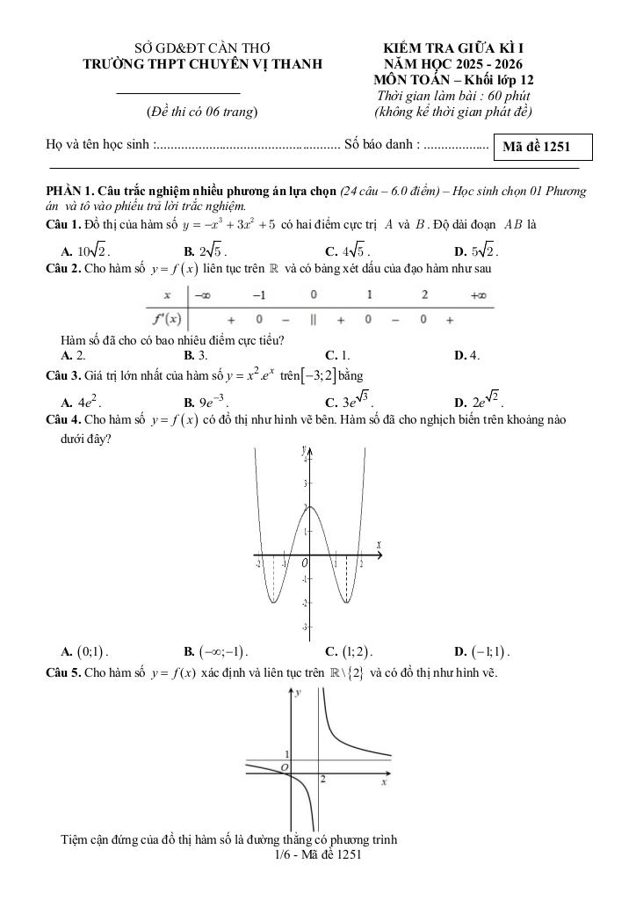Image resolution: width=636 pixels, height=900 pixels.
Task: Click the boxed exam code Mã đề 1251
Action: [543, 148]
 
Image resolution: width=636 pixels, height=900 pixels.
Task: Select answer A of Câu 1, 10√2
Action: [83, 250]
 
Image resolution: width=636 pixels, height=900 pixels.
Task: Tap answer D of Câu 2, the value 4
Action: [466, 355]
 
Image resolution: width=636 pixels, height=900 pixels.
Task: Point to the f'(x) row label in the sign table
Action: [166, 318]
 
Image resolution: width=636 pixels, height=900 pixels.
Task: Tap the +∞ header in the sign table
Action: [478, 296]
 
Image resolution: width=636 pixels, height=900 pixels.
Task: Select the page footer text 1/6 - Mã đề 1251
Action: [317, 853]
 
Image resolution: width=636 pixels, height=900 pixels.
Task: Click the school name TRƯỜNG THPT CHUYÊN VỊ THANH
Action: [202, 63]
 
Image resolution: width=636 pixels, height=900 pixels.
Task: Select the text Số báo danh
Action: [382, 144]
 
